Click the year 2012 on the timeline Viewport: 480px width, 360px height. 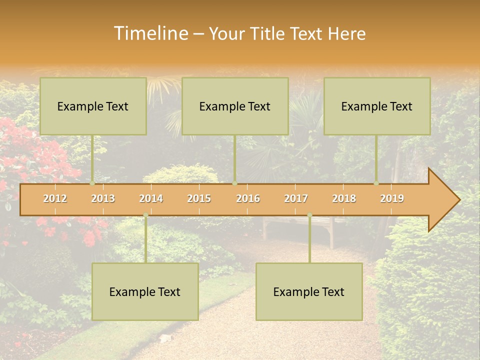pyautogui.click(x=55, y=198)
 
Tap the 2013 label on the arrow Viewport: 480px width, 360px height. pyautogui.click(x=103, y=198)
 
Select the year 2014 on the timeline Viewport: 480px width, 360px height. pyautogui.click(x=151, y=198)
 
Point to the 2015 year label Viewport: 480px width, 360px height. pyautogui.click(x=199, y=198)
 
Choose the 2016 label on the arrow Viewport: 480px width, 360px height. pyautogui.click(x=248, y=198)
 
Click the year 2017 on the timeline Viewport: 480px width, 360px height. pyautogui.click(x=296, y=198)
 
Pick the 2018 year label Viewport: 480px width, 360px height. pyautogui.click(x=344, y=198)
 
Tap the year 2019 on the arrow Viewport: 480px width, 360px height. pyautogui.click(x=392, y=198)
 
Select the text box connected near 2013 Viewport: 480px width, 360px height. pyautogui.click(x=93, y=106)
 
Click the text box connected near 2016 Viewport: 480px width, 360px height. pyautogui.click(x=235, y=106)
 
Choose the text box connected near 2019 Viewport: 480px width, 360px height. pyautogui.click(x=377, y=106)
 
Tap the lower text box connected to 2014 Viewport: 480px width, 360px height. pyautogui.click(x=145, y=292)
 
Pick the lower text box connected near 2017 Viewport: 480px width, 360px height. pyautogui.click(x=309, y=292)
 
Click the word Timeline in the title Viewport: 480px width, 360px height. pyautogui.click(x=150, y=33)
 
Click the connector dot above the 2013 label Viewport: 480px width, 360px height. pyautogui.click(x=92, y=183)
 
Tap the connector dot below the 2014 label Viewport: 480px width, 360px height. pyautogui.click(x=145, y=215)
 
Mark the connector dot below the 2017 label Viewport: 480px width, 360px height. pyautogui.click(x=309, y=215)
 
